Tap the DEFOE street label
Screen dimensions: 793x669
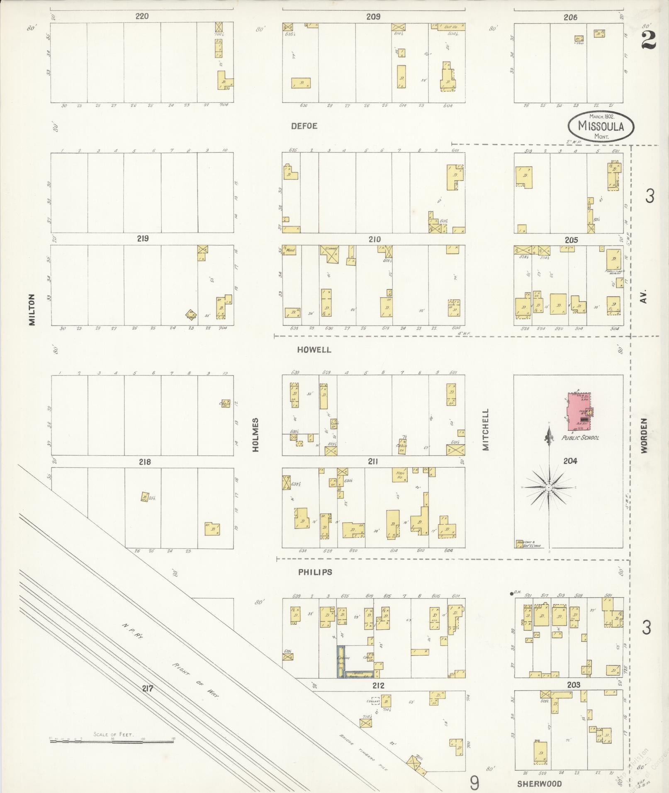(x=304, y=126)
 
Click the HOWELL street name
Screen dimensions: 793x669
(x=314, y=350)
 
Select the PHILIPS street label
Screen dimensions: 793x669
(x=315, y=572)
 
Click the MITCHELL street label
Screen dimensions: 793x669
(x=486, y=429)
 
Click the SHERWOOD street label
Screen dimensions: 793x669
(x=539, y=783)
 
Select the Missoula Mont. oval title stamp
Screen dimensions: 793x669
(x=601, y=126)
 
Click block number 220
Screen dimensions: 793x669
(x=142, y=17)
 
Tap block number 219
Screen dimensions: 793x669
(x=142, y=239)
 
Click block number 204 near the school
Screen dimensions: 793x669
(x=570, y=461)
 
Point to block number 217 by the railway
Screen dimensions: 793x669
(x=148, y=689)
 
